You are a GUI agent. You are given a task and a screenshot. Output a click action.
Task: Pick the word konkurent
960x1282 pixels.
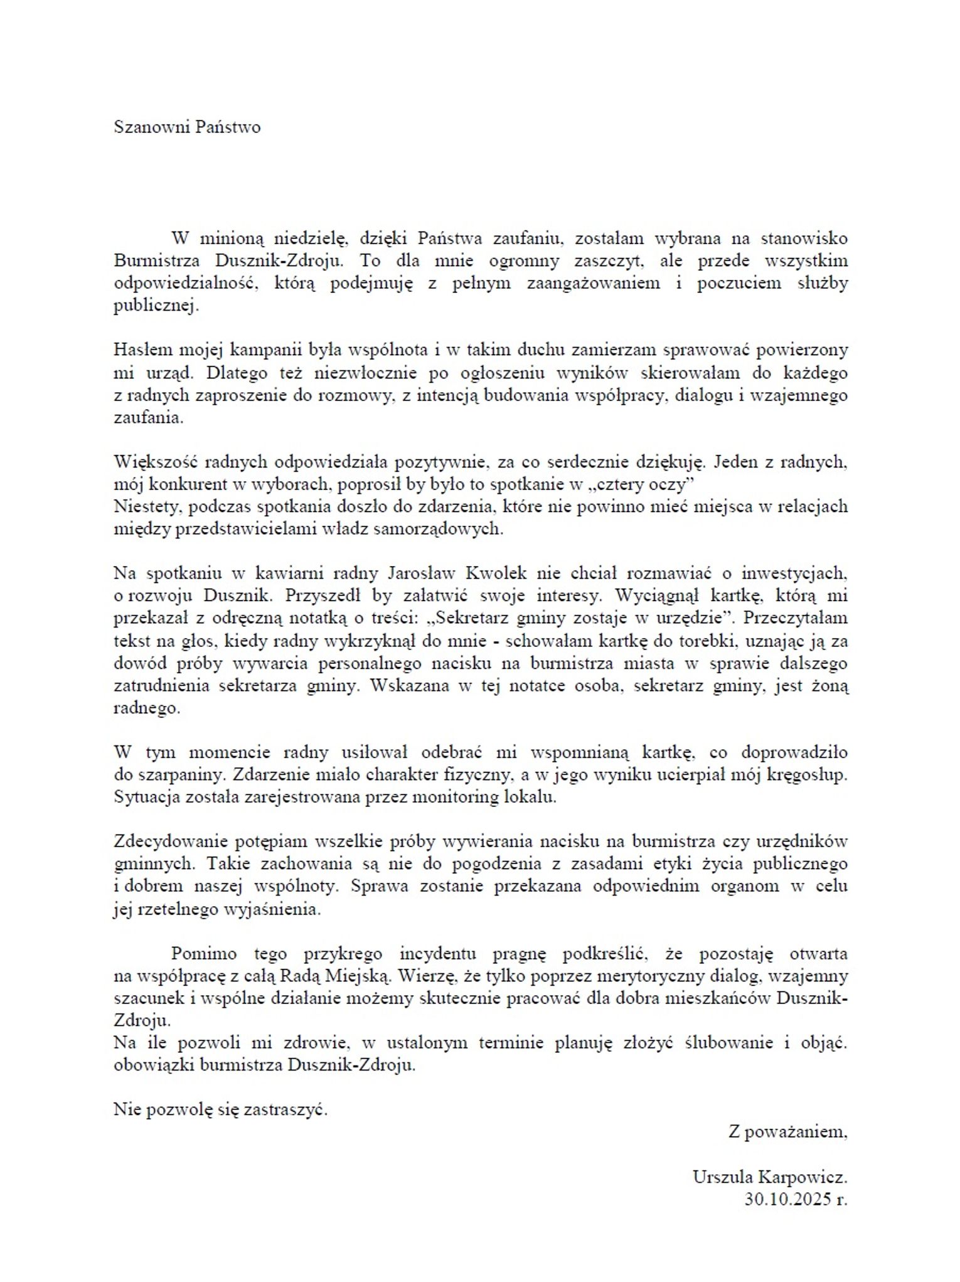pos(186,484)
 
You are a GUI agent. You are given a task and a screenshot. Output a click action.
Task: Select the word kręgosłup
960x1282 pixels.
pos(806,775)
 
